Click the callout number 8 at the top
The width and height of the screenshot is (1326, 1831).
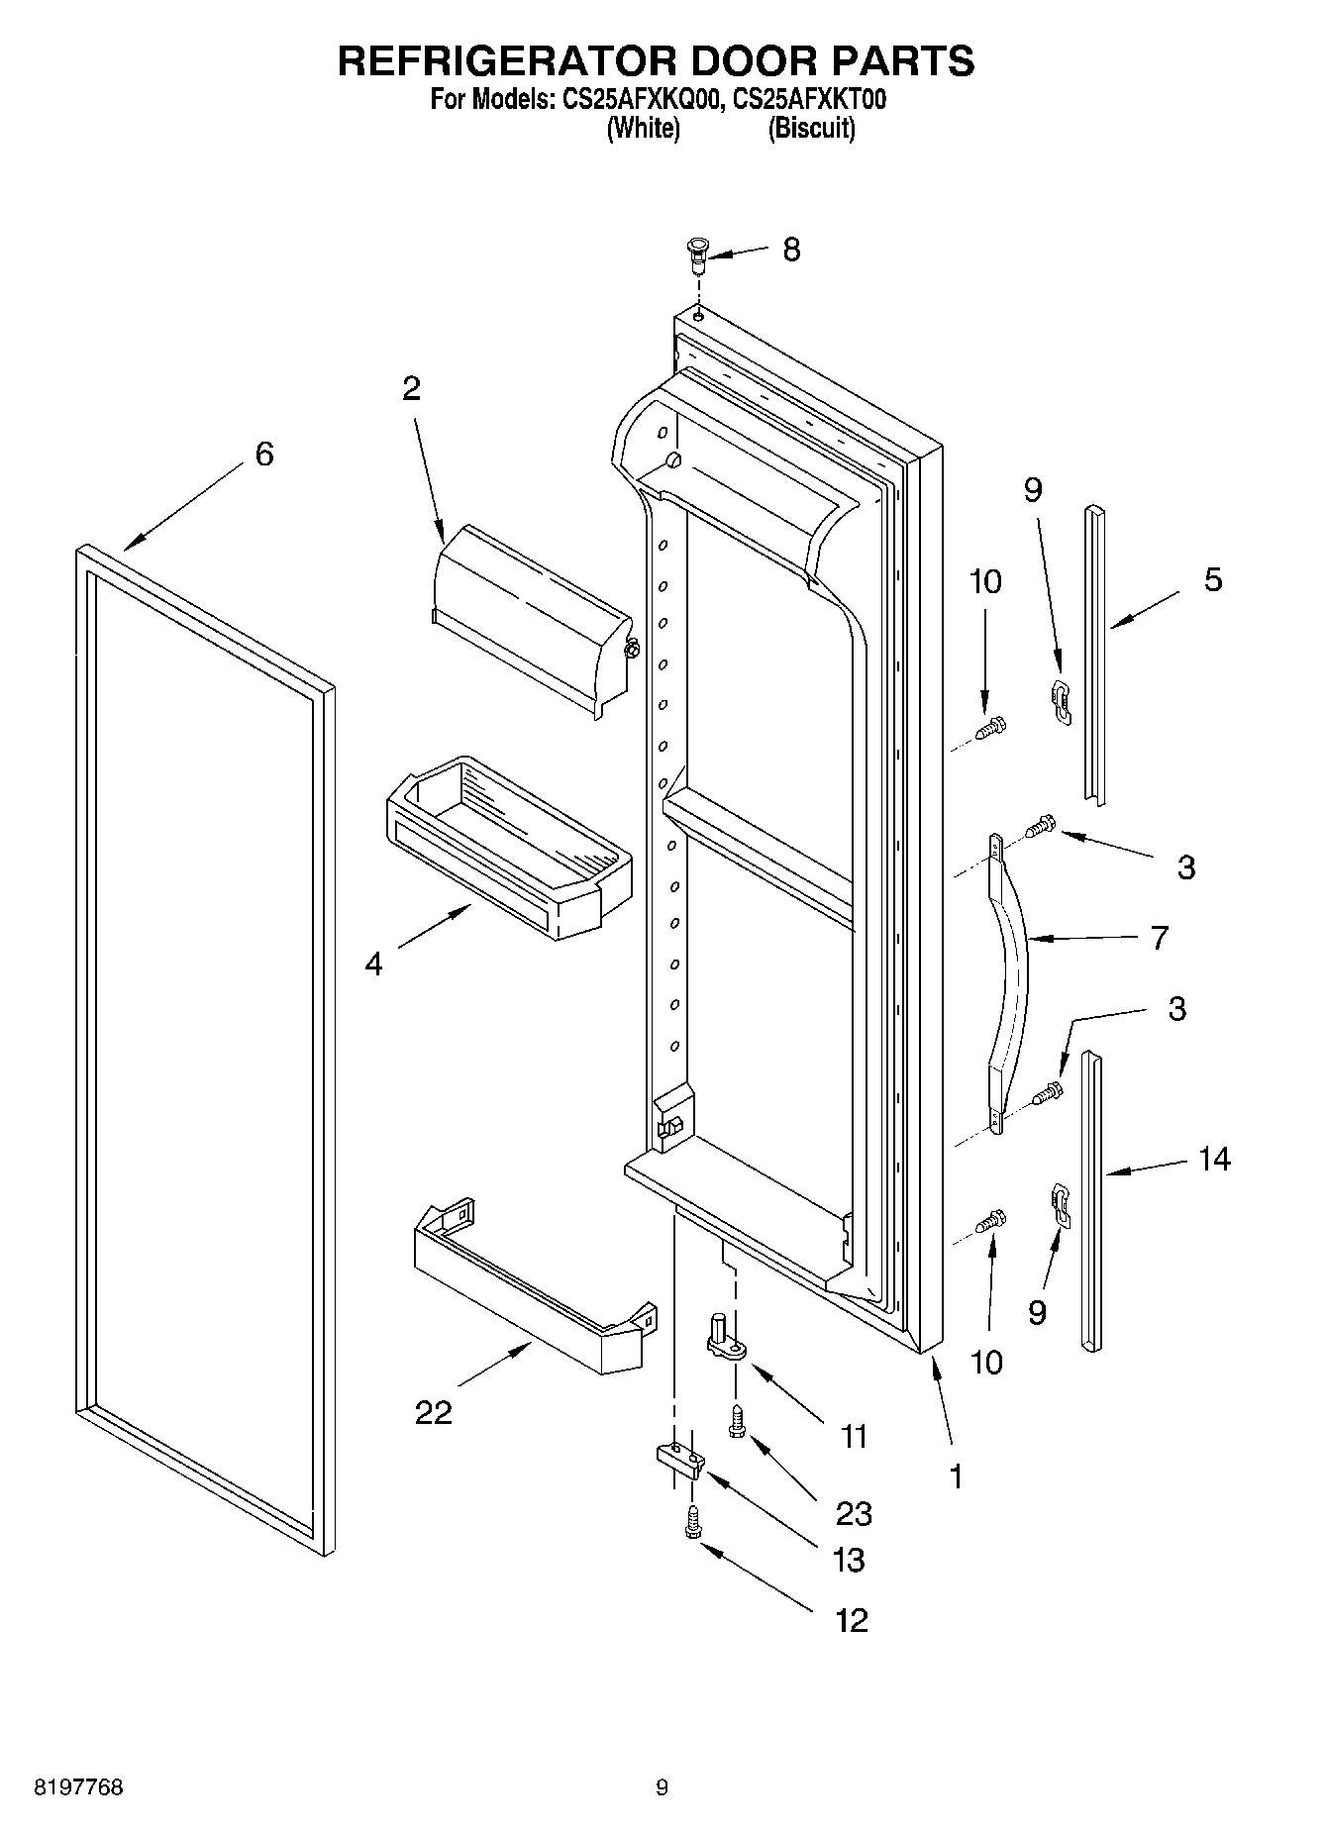(790, 249)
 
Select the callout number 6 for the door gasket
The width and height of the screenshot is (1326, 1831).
(263, 454)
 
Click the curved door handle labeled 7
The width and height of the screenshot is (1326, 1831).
(1010, 980)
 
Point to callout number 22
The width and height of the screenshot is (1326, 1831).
(433, 1411)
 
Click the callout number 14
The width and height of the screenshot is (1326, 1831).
(1213, 1158)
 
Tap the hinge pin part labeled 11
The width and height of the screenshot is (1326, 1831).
(724, 1336)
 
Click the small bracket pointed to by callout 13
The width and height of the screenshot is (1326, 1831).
(680, 1458)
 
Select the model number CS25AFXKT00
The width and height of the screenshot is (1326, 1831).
(810, 100)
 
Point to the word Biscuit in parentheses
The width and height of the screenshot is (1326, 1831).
(811, 128)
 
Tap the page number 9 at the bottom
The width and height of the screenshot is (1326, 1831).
(662, 1787)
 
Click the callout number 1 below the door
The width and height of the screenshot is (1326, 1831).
(956, 1476)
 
